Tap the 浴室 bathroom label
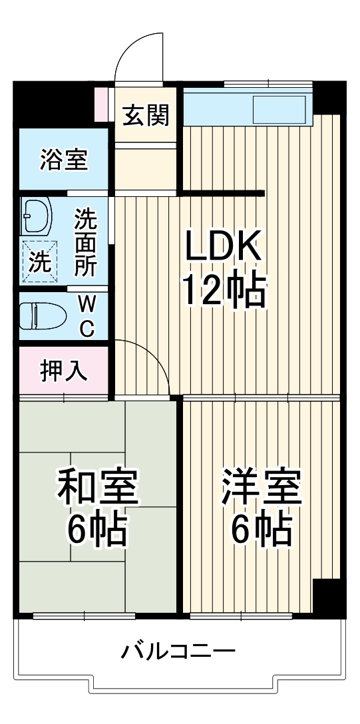pyautogui.click(x=63, y=160)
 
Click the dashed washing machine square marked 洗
pyautogui.click(x=39, y=260)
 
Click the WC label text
pyautogui.click(x=87, y=316)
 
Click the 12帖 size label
pyautogui.click(x=224, y=290)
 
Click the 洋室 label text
pyautogui.click(x=262, y=488)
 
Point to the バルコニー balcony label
pyautogui.click(x=178, y=650)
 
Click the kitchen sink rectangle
pyautogui.click(x=279, y=108)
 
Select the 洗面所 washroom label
pyautogui.click(x=85, y=244)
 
